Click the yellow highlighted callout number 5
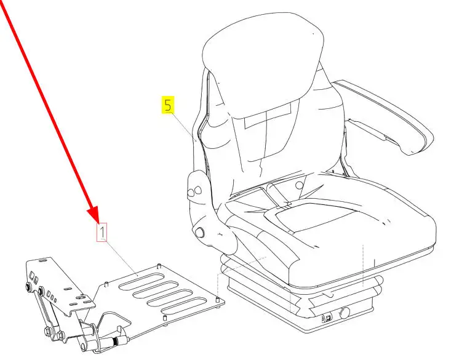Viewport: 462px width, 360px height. (x=168, y=105)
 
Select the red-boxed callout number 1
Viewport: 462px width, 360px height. (x=102, y=232)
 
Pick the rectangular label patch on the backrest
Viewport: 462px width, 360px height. (x=268, y=114)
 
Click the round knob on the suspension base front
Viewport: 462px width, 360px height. (x=345, y=313)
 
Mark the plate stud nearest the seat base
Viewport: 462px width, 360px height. (x=218, y=300)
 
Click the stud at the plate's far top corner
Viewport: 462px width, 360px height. (x=159, y=266)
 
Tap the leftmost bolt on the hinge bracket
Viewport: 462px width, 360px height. (x=30, y=287)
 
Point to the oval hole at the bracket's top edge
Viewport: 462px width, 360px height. (x=42, y=260)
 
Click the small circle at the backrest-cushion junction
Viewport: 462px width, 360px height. (x=300, y=185)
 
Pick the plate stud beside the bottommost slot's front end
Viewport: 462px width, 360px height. (x=165, y=318)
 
